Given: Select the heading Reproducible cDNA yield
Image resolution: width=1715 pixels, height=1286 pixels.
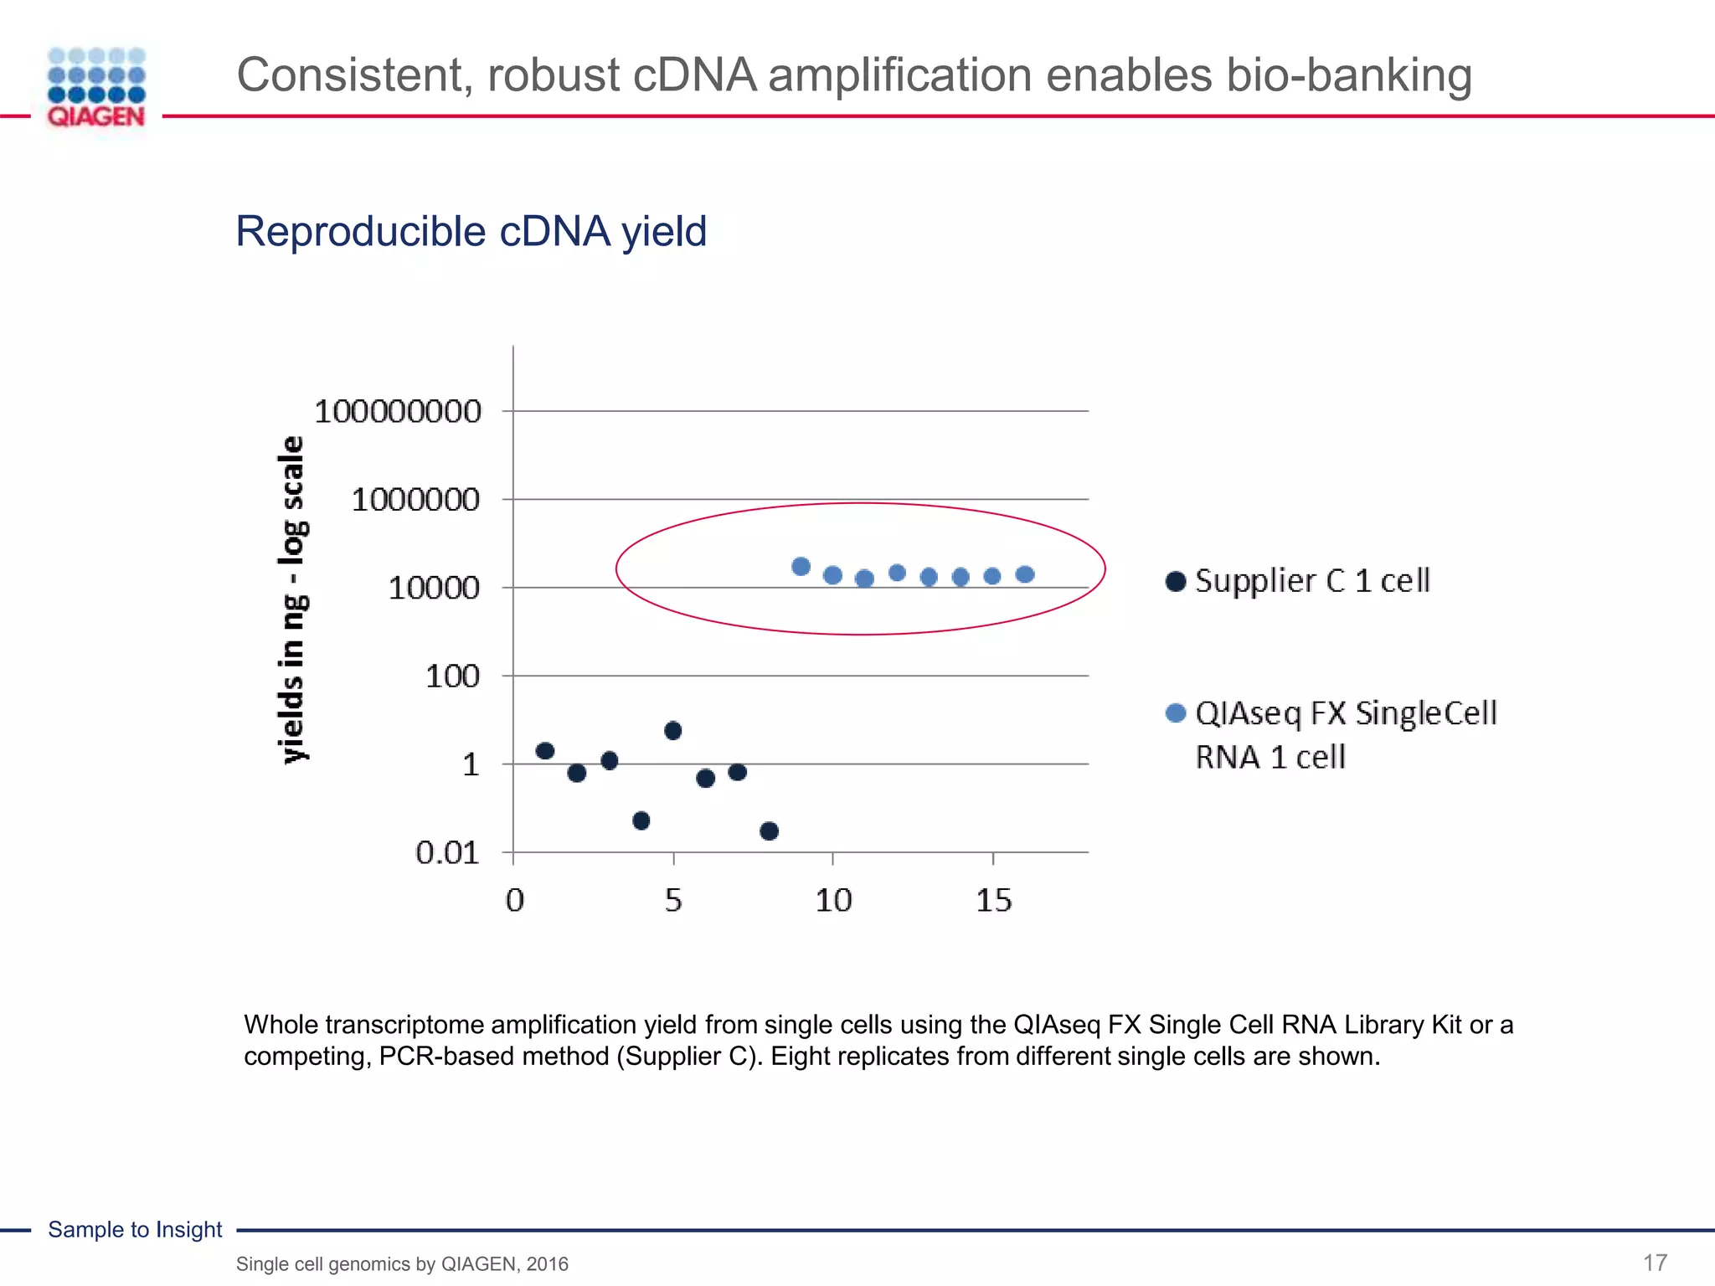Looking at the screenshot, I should coord(471,231).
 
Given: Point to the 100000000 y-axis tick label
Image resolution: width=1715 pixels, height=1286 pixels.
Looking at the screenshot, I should coord(398,412).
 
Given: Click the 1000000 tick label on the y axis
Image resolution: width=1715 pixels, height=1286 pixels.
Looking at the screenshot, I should coord(415,500).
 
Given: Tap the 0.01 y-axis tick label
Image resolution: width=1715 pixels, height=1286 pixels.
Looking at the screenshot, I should coord(447,853).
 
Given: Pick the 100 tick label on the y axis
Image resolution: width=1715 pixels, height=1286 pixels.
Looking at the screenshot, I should coord(452,676).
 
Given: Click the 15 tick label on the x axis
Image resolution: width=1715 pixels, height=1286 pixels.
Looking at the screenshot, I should coord(993,901).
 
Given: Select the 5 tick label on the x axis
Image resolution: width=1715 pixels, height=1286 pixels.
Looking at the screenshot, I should coord(673,901).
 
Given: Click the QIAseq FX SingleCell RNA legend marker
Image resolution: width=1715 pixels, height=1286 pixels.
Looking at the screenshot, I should coord(1176,713).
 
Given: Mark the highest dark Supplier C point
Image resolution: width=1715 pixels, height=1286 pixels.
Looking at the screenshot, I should coord(672,731).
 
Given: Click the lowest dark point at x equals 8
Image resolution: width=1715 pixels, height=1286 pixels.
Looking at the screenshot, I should coord(770,831).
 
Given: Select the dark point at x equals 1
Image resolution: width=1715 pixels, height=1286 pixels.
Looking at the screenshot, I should coord(545,751).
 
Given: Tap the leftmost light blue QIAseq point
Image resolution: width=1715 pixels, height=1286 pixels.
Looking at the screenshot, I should coord(801,567).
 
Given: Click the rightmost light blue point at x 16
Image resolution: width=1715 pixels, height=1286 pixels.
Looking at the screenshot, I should coord(1025,574).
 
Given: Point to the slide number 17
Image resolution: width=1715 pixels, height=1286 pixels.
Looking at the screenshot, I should coord(1655,1263).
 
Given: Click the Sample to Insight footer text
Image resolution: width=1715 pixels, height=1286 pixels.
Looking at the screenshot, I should coord(135,1230).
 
